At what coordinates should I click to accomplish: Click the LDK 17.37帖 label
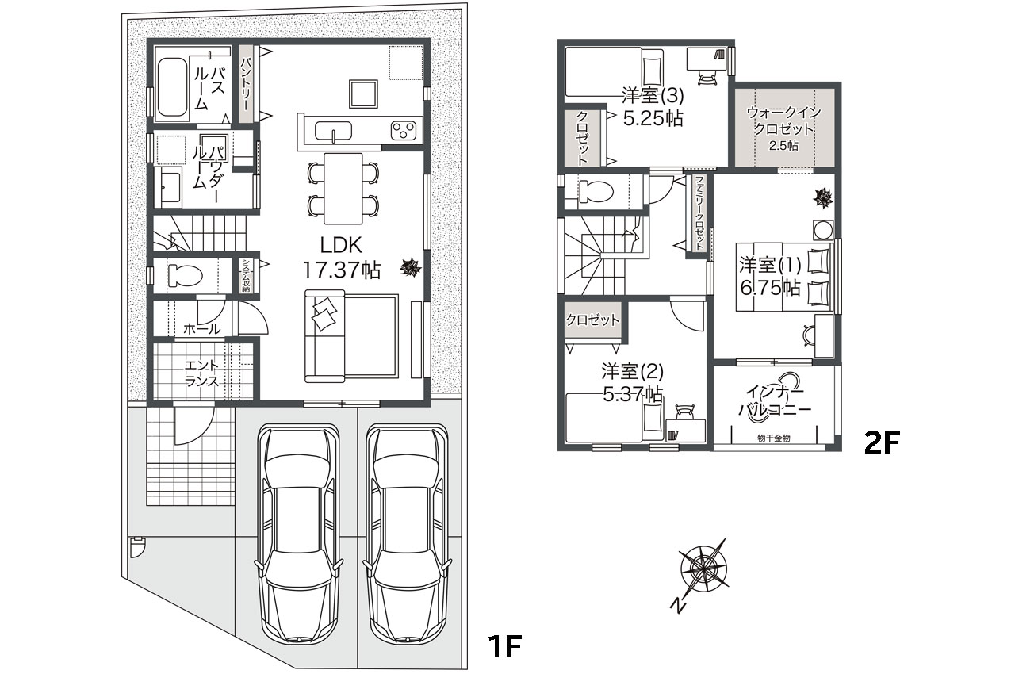tap(341, 258)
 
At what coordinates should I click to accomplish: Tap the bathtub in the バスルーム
tap(172, 90)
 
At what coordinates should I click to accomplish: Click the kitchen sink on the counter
tap(332, 132)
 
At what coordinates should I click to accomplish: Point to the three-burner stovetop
tap(404, 131)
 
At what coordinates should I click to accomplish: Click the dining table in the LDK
tap(343, 189)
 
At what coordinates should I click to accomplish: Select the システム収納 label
tap(246, 275)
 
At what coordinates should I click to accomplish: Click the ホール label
tap(201, 328)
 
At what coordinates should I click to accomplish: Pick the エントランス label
tap(202, 373)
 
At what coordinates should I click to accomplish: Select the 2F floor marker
tap(881, 442)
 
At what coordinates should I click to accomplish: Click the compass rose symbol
tap(703, 568)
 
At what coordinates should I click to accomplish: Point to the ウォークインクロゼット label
tap(783, 121)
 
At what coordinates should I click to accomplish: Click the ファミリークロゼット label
tap(699, 213)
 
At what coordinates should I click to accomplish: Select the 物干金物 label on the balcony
tap(773, 438)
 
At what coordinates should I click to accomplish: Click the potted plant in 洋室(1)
tap(823, 198)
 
